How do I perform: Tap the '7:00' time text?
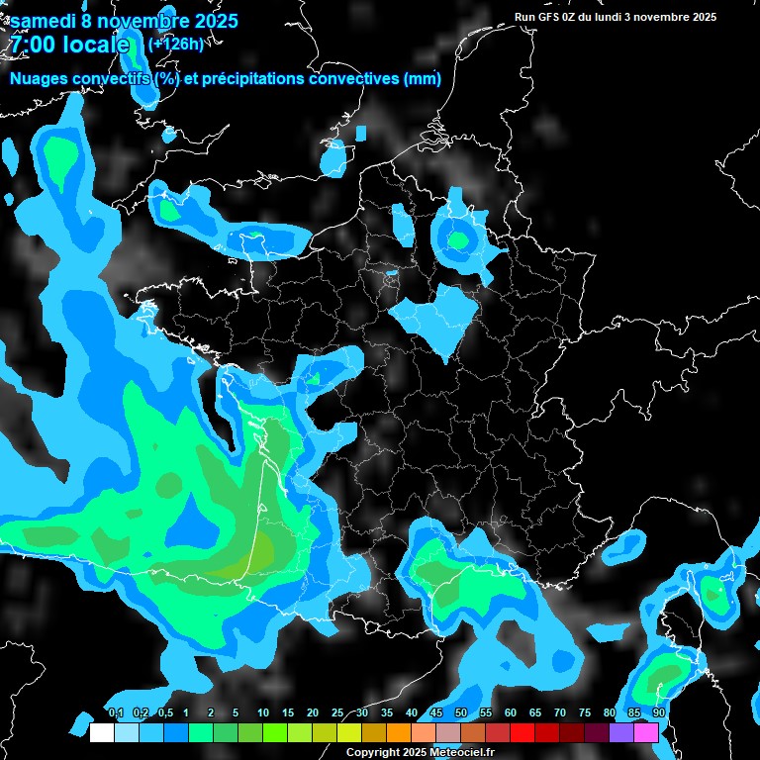[x=33, y=45]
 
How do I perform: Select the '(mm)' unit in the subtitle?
[x=422, y=78]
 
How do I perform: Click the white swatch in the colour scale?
[x=101, y=733]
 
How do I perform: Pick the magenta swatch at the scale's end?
[x=646, y=733]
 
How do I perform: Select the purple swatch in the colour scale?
[x=621, y=733]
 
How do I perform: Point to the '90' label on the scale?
[x=658, y=713]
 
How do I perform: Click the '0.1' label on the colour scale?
[x=116, y=713]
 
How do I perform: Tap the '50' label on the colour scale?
[x=461, y=713]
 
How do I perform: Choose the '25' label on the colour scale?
[x=337, y=713]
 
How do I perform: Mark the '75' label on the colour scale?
[x=585, y=713]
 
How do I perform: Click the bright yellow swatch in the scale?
[x=348, y=733]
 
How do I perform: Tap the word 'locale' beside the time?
[x=96, y=45]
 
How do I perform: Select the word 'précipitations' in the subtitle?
[x=253, y=78]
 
